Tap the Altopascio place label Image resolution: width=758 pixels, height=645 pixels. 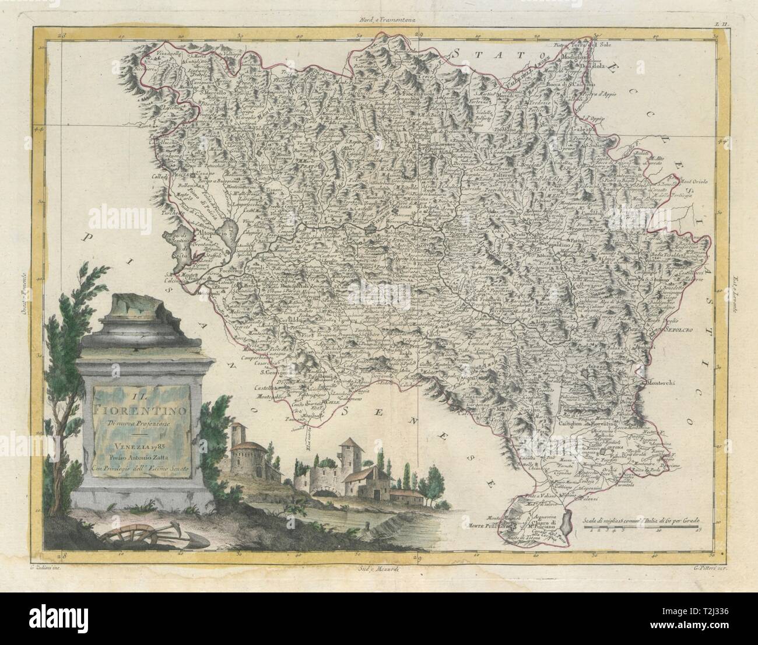(217, 232)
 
